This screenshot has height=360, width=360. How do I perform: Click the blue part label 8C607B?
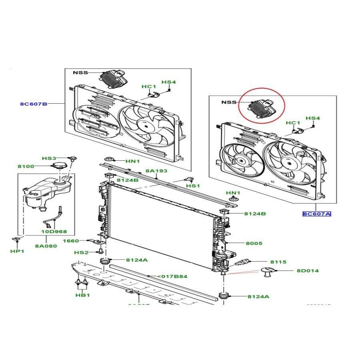34,104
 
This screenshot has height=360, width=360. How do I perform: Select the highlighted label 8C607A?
316,214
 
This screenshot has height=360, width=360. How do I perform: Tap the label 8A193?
156,171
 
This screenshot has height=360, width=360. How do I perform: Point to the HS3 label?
49,158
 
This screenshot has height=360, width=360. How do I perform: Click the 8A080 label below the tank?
46,246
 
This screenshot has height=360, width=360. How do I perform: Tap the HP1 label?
17,251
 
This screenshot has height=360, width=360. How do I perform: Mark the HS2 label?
81,252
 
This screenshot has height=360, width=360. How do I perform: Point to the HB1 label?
82,295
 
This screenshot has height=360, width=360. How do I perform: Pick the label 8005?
254,243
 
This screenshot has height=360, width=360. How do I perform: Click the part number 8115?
278,262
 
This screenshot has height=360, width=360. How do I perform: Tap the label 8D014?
308,271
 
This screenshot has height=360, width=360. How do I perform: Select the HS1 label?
193,186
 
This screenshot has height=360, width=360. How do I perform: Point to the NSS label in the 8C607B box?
80,73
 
